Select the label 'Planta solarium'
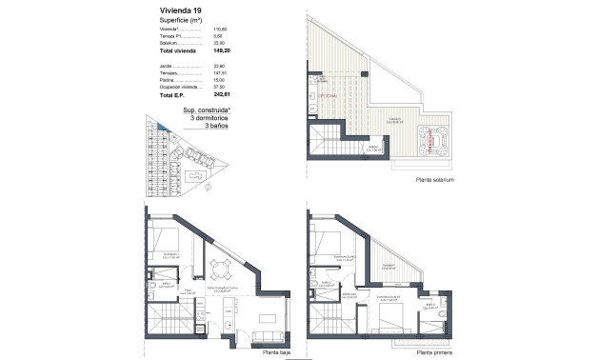click(x=434, y=180)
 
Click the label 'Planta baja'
click(x=277, y=351)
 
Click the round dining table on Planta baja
click(x=222, y=269)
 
